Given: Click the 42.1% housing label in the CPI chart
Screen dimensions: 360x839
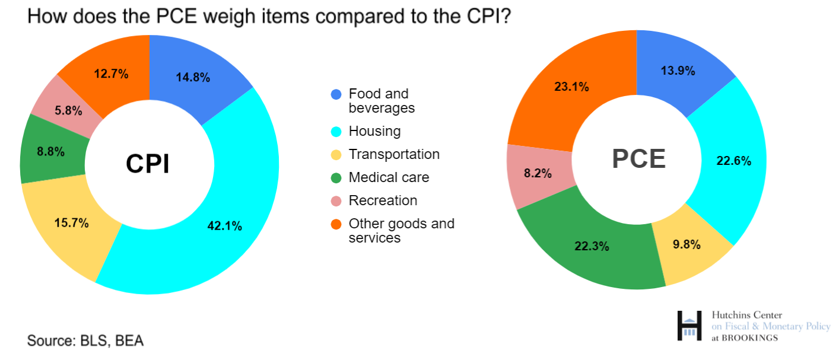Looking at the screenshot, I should (224, 226).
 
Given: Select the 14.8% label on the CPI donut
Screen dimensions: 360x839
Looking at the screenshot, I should (193, 78).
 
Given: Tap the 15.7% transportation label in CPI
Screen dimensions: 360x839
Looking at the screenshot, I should (71, 223).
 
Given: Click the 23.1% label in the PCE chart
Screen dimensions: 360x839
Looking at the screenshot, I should (571, 87).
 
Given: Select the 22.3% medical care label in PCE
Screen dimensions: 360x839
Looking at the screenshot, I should (592, 246).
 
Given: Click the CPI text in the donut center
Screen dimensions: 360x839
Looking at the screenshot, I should (148, 164).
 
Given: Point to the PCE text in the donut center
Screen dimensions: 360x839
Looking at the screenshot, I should (638, 159).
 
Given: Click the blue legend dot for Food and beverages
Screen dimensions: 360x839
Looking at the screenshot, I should (336, 94).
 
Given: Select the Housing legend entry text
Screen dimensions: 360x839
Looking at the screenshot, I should (374, 131).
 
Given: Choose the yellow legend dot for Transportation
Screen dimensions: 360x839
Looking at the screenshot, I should (336, 155).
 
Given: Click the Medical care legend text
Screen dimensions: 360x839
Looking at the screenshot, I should (389, 177).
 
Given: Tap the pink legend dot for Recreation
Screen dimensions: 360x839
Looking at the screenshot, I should (336, 201).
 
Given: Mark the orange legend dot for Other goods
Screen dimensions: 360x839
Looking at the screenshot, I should (336, 224).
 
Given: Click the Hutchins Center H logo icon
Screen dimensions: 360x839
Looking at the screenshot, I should (689, 326).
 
